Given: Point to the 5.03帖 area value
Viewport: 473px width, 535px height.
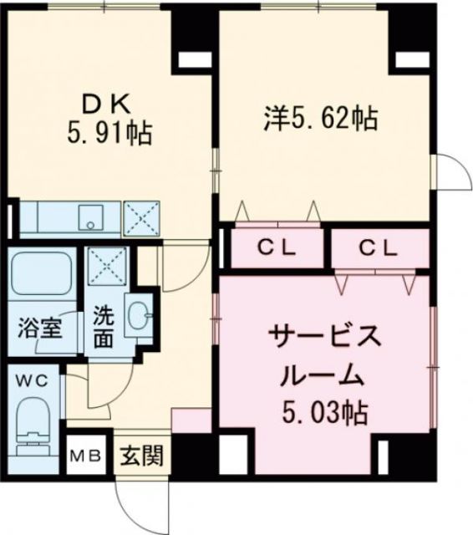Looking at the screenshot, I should coord(326,412).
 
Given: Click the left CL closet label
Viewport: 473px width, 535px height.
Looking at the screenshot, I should coord(275,247).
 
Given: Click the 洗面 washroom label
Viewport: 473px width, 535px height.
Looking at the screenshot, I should coord(104,326).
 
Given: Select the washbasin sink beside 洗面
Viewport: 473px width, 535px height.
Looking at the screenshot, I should coord(138,315).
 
